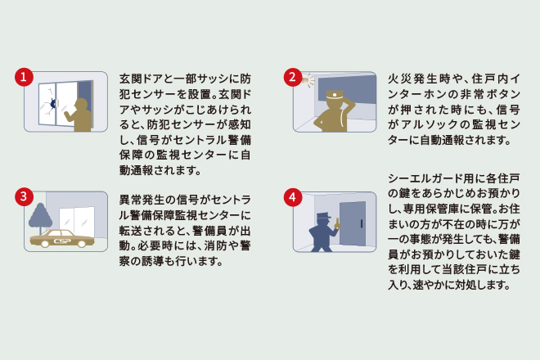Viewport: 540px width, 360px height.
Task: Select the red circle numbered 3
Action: tap(25, 196)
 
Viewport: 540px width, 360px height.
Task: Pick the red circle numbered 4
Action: tap(292, 197)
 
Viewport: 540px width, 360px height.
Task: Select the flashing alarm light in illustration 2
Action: tap(310, 79)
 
